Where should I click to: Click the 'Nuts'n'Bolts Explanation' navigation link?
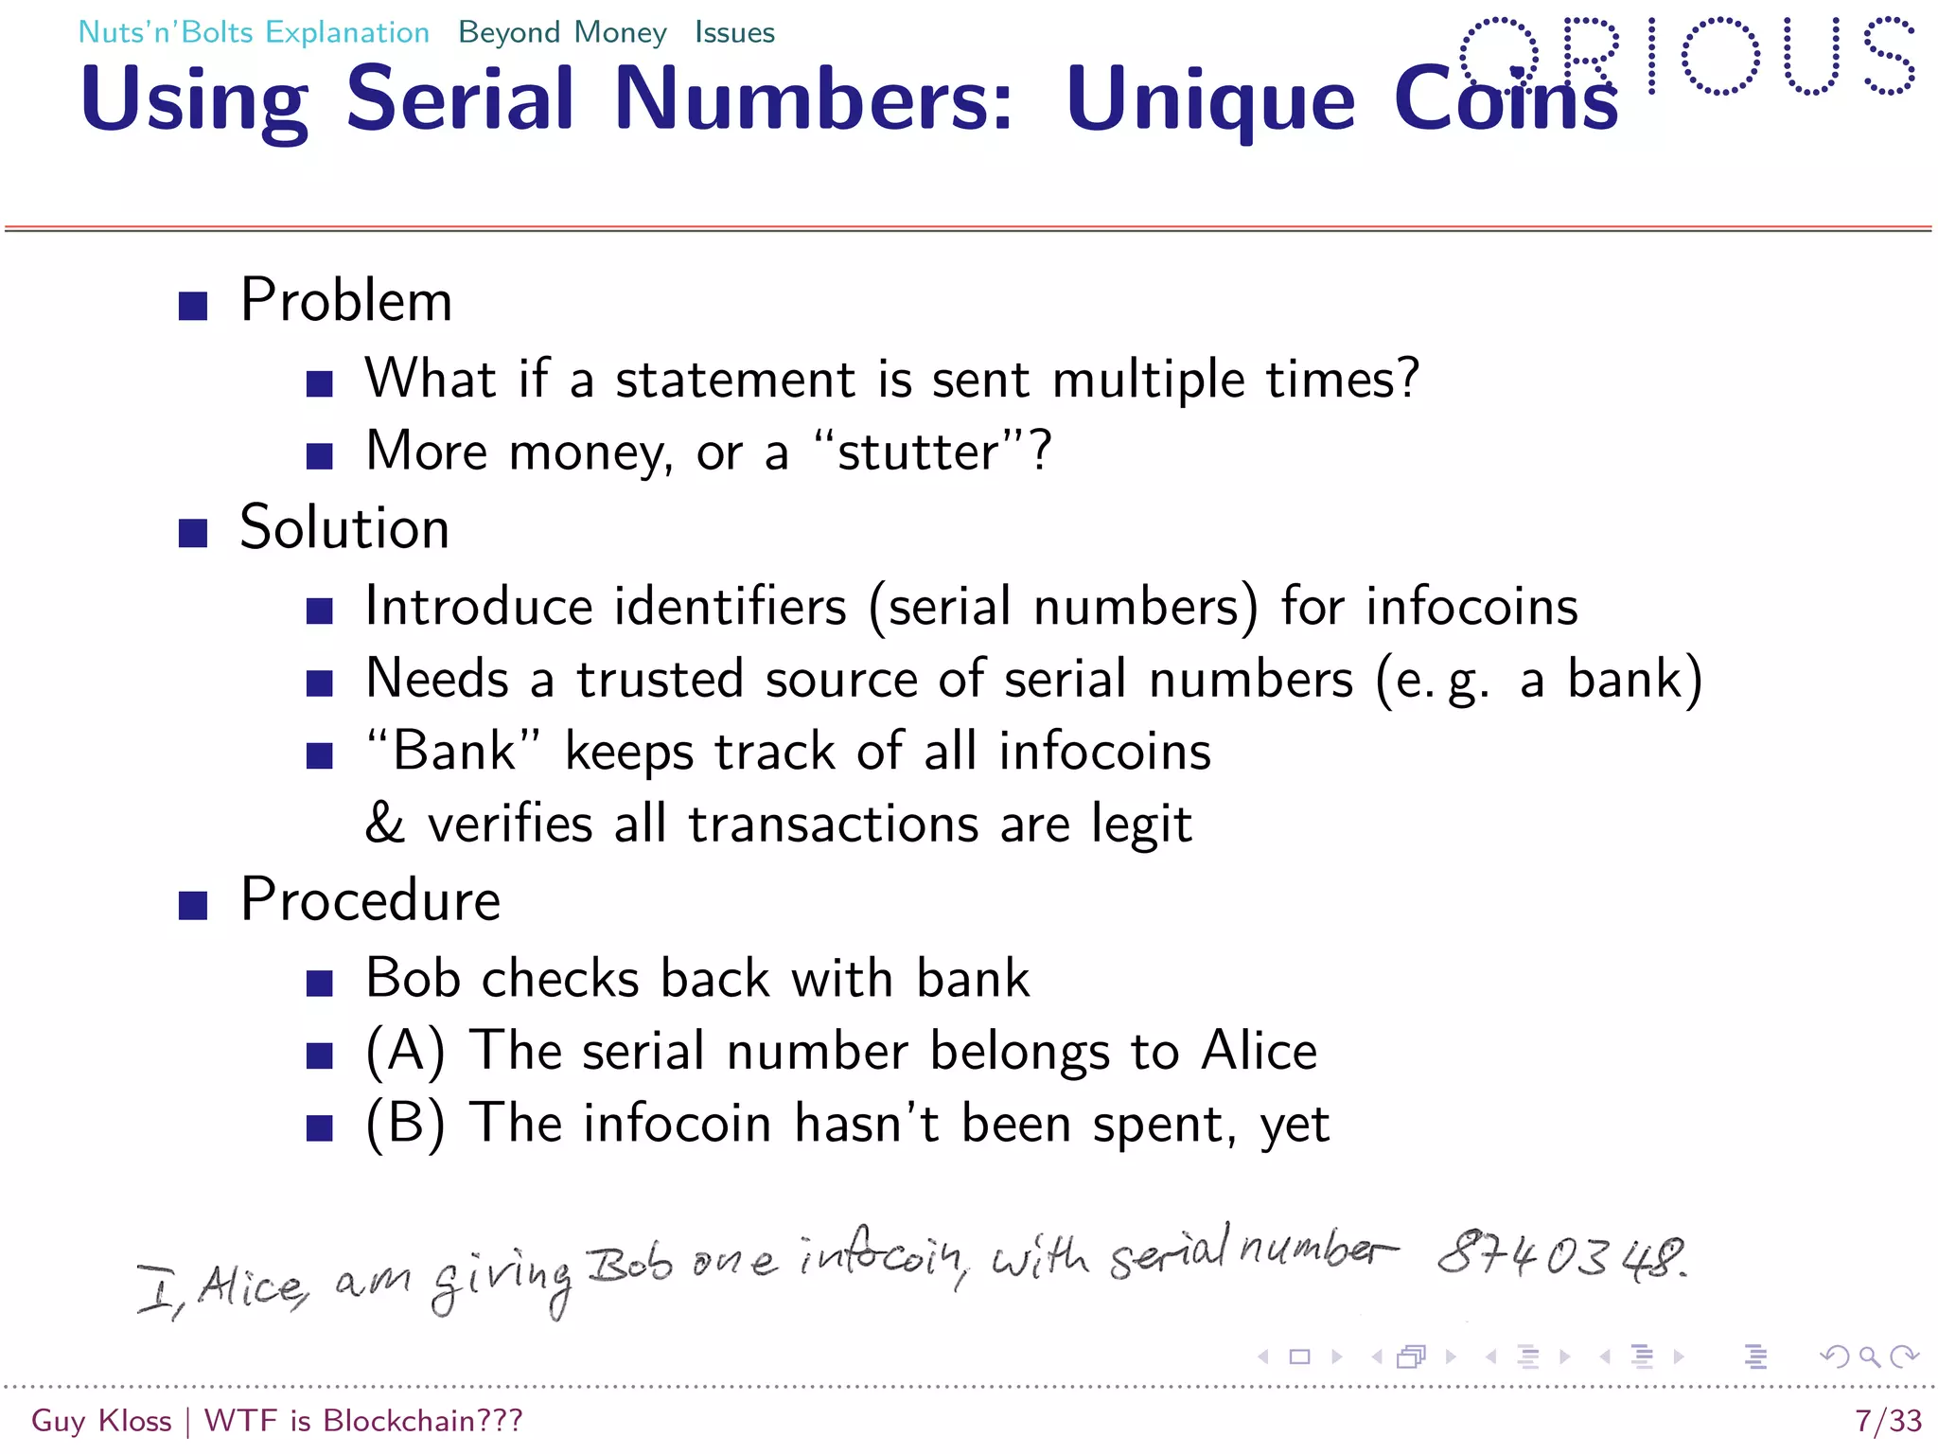coord(254,32)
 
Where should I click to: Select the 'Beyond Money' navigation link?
coord(562,32)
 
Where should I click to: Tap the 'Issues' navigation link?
coord(734,32)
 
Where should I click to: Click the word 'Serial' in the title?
coord(460,98)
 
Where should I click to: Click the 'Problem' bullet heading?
coord(346,301)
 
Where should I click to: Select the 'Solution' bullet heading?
coord(344,528)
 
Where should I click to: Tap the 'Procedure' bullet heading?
coord(370,899)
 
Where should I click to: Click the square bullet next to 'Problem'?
coord(193,306)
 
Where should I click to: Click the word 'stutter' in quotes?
coord(918,452)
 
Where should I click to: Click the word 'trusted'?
coord(661,680)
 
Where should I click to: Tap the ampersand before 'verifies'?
coord(385,824)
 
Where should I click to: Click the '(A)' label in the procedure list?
coord(405,1052)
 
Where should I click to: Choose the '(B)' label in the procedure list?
coord(405,1125)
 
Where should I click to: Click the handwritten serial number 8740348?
coord(1561,1256)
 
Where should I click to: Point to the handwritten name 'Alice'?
coord(253,1287)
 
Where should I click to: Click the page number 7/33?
coord(1888,1421)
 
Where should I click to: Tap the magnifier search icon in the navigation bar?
coord(1869,1356)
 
